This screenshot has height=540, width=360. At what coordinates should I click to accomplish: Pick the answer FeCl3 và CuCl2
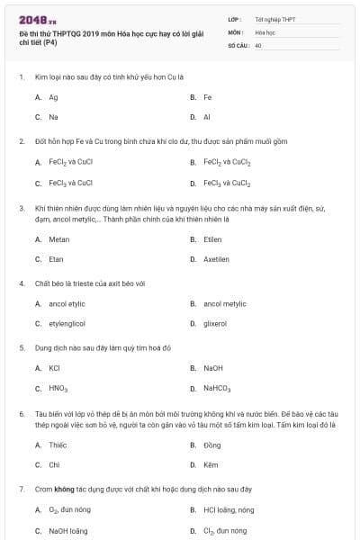pyautogui.click(x=226, y=183)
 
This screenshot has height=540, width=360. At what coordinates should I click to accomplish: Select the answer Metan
pyautogui.click(x=58, y=239)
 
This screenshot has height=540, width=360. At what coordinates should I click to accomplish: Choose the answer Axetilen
pyautogui.click(x=216, y=259)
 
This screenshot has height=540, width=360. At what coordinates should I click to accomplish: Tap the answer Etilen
pyautogui.click(x=212, y=239)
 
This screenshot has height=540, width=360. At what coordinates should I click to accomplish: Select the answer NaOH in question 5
pyautogui.click(x=213, y=368)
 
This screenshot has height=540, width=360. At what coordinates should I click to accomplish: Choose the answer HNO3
pyautogui.click(x=58, y=389)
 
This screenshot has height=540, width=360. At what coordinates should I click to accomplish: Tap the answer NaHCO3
pyautogui.click(x=217, y=389)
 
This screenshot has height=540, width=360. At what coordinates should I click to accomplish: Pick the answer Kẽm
pyautogui.click(x=211, y=465)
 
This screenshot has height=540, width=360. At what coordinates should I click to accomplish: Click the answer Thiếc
pyautogui.click(x=58, y=445)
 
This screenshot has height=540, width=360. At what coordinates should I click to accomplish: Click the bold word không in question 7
pyautogui.click(x=63, y=489)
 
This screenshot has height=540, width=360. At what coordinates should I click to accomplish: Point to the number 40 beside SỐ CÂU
pyautogui.click(x=258, y=45)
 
